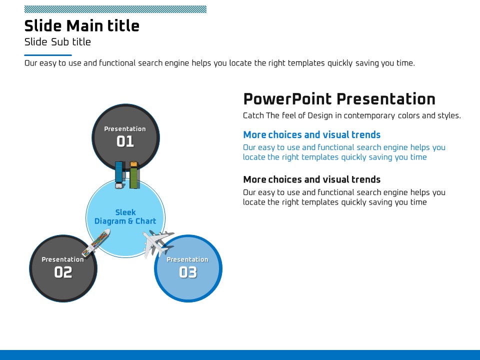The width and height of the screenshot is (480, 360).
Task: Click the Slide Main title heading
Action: [81, 25]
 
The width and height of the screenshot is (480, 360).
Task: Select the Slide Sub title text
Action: [57, 42]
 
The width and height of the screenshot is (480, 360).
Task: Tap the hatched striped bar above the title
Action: [115, 9]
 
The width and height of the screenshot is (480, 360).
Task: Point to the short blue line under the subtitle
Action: [48, 55]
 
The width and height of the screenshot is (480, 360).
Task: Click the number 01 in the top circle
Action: [125, 141]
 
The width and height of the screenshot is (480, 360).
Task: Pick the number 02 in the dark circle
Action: [63, 272]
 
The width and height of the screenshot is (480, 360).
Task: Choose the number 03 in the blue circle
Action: [188, 272]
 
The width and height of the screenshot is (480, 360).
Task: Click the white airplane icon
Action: [157, 243]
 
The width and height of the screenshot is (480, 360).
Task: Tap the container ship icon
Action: [96, 242]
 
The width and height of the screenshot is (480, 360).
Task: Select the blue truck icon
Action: [119, 175]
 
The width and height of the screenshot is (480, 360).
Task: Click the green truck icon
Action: [134, 175]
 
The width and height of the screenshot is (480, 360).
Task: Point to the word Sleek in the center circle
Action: [125, 212]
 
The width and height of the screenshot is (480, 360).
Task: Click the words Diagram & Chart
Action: [125, 221]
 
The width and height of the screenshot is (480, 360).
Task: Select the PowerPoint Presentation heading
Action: [339, 99]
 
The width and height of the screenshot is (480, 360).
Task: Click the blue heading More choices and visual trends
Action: [311, 134]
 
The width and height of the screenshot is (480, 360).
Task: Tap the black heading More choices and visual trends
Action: [311, 179]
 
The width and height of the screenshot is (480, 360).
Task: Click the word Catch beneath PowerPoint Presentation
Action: [253, 115]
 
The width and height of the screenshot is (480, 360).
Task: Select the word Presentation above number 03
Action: [187, 259]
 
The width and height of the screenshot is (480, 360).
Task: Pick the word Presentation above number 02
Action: [63, 259]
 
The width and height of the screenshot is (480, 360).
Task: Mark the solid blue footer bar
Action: [240, 355]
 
